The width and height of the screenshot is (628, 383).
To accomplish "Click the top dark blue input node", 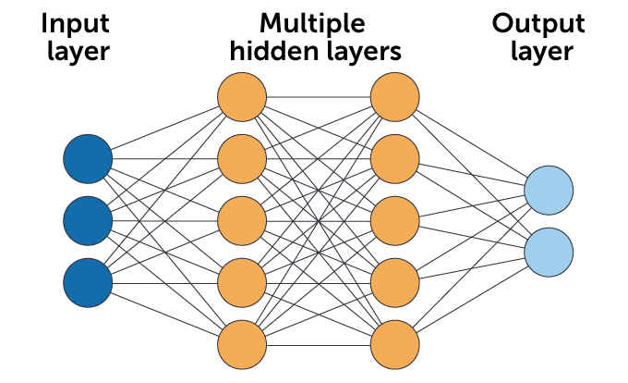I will pos(88,158).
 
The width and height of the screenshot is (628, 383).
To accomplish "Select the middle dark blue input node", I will pos(88,220).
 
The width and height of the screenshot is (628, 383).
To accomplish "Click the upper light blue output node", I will pos(549,190).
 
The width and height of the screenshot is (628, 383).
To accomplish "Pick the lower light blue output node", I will pos(549,252).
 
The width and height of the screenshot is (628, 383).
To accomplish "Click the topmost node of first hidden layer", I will pos(242,95).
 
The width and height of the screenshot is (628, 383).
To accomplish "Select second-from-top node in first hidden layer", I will pos(242,158).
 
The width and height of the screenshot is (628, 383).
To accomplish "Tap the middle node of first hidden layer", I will pos(242,220).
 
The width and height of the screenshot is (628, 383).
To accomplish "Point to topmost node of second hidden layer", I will pos(395,95).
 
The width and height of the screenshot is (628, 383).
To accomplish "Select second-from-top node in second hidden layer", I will pos(395,158).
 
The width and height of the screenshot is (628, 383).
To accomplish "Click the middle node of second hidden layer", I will pos(395,220).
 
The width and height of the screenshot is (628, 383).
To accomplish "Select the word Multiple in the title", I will pos(312,22).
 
